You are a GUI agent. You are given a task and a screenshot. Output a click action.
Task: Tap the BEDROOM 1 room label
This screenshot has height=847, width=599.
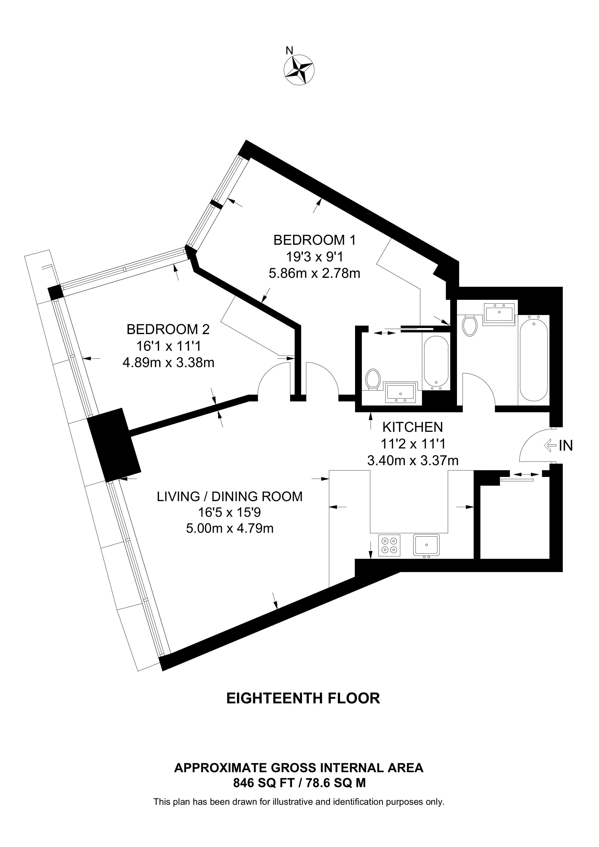pyautogui.click(x=314, y=240)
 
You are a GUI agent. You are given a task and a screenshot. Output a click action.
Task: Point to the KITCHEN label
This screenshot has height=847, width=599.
pyautogui.click(x=412, y=427)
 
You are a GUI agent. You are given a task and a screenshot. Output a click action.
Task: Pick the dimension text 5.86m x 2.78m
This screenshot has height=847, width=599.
pyautogui.click(x=314, y=273)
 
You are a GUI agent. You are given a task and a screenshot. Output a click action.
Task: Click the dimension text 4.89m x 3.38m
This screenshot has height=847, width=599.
pyautogui.click(x=168, y=363)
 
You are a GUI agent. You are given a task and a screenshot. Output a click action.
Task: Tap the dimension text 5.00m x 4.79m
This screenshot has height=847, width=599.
pyautogui.click(x=230, y=528)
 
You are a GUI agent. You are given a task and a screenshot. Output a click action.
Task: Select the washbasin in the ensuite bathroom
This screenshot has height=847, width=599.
pyautogui.click(x=401, y=392)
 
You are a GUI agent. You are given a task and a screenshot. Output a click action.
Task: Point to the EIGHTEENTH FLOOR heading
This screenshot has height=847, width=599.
pyautogui.click(x=303, y=698)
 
